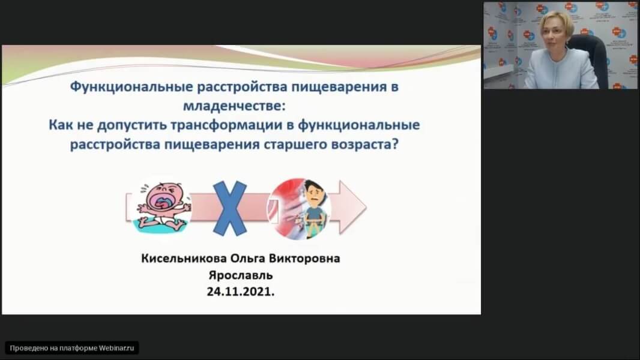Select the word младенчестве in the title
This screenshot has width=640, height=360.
(233, 106)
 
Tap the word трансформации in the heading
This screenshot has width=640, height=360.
(232, 125)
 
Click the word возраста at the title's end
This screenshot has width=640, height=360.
(364, 145)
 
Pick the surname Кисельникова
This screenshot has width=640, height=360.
(184, 259)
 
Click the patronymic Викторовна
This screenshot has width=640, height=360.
(304, 259)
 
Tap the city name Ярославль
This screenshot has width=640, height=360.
(241, 275)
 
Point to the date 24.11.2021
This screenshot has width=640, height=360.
(241, 292)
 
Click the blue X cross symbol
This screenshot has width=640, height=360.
(230, 208)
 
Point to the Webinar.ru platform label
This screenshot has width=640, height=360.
(72, 348)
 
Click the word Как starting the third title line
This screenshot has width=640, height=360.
(61, 125)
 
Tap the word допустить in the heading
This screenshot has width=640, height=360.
(132, 125)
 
